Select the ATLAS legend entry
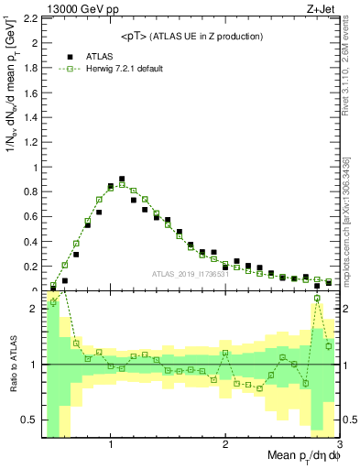point(78,57)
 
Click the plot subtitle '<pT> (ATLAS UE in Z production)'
point(191,36)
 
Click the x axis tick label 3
point(338,443)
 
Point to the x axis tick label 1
point(110,443)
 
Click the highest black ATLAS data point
point(122,180)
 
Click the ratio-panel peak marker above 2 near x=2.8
point(317,298)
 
